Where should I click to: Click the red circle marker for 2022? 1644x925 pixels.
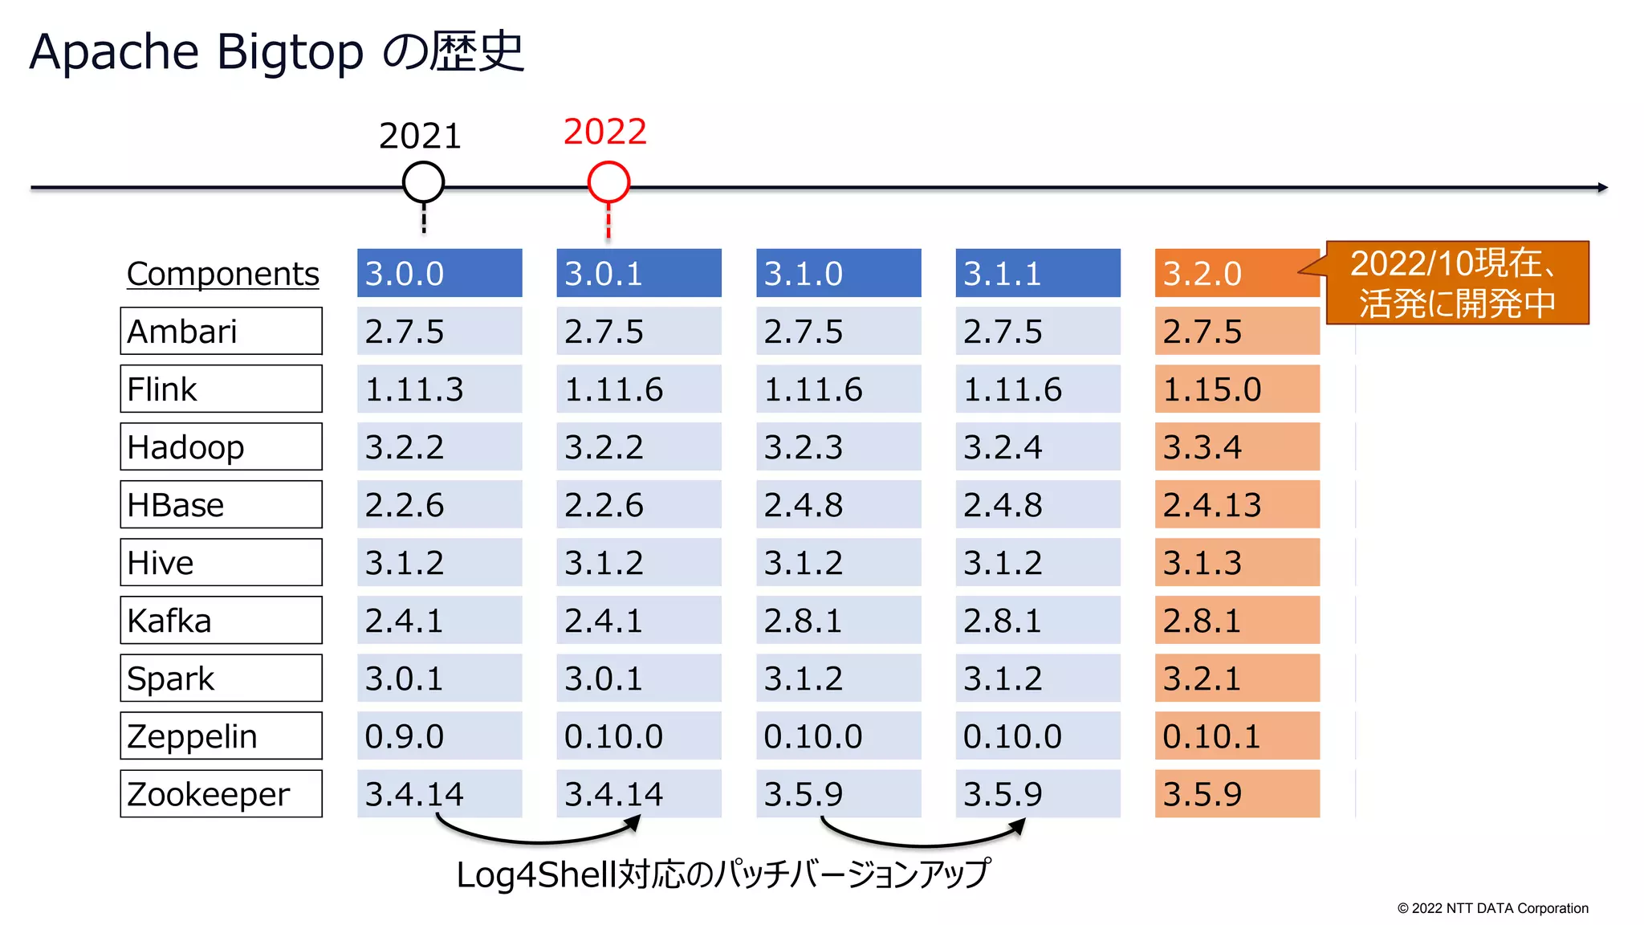608,182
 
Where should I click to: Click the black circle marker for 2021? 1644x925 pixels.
423,182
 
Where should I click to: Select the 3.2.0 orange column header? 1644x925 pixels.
1236,273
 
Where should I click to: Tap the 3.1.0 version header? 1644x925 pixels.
838,273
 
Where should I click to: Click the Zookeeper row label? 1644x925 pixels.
221,793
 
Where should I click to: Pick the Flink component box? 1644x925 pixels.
221,389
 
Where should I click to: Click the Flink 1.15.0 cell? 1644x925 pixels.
1236,389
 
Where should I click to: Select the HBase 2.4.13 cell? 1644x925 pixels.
1236,504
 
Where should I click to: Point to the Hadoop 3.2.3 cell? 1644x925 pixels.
838,446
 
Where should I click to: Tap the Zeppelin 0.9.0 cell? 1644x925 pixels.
439,736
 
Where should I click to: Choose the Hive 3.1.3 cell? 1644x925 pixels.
1236,562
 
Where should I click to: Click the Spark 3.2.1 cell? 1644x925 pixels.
1236,678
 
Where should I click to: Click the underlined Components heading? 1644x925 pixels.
222,274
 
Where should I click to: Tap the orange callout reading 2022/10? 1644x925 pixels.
1456,283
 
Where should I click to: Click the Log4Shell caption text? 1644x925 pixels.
722,874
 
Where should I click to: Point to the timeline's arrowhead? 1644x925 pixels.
1601,187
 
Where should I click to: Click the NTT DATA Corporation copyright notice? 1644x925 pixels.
1492,908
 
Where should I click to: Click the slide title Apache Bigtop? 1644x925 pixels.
276,51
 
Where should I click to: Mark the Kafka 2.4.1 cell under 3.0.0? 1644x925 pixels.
439,620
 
